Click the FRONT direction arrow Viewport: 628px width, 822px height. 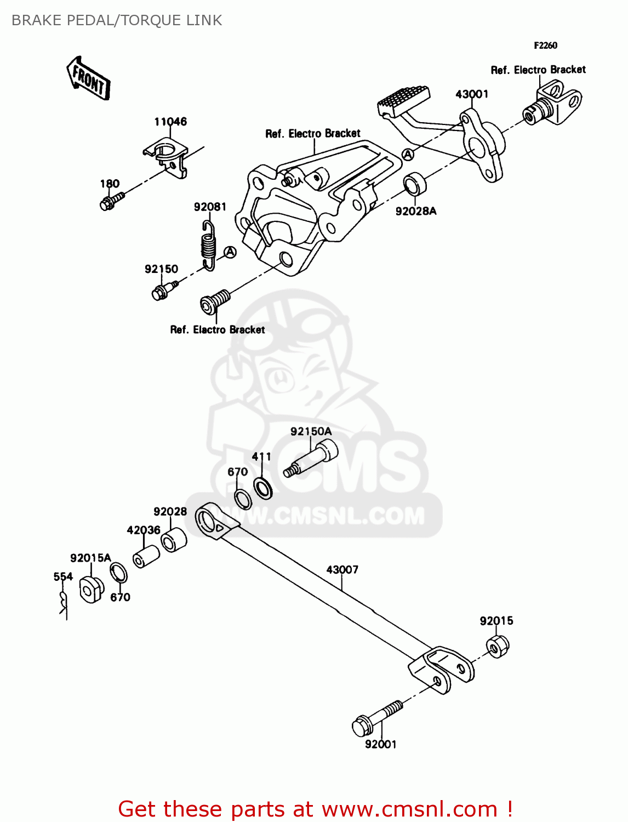point(88,78)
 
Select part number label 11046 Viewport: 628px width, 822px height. point(170,122)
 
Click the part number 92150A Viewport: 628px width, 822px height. point(311,431)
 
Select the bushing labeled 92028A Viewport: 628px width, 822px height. point(415,184)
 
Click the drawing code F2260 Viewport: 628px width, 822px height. point(545,45)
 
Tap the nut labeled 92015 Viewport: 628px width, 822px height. point(497,646)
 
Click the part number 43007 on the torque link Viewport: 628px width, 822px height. point(342,569)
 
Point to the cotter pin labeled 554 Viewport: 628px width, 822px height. point(64,603)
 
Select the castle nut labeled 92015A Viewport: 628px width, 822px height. point(91,589)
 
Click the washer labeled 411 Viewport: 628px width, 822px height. point(263,488)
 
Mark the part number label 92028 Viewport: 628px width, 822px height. point(170,511)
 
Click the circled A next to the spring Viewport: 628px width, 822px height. point(230,252)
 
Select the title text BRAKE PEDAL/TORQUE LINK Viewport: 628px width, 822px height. point(117,20)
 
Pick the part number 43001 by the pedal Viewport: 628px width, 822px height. point(471,94)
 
